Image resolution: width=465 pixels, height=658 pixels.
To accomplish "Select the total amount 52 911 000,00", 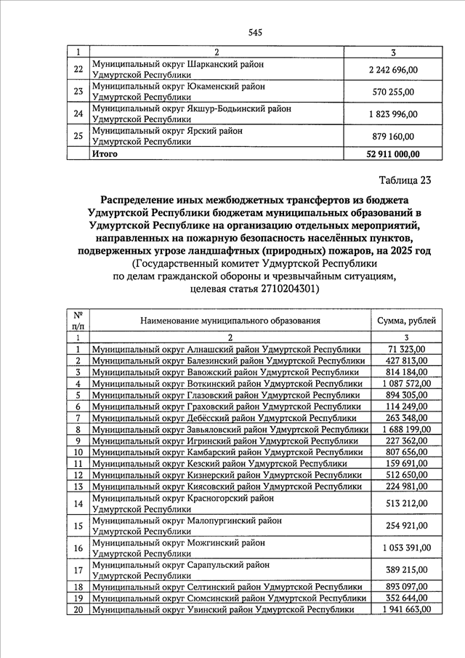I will pos(393,154).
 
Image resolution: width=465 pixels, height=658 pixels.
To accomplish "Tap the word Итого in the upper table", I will pos(105,154).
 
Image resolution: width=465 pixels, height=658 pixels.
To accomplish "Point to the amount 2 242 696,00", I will pos(393,70).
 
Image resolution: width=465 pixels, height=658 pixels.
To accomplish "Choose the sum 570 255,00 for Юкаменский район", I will pos(393,92).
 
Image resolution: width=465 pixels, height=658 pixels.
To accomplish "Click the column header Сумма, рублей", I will pos(403,321).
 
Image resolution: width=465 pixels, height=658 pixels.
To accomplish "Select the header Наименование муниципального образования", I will pos(230,321).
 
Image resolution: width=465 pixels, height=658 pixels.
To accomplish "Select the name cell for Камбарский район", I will pos(227,452).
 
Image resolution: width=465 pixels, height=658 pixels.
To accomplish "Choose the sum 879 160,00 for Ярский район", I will pos(393,136).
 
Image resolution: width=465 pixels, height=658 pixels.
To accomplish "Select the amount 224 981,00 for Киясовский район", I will pos(403,486).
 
